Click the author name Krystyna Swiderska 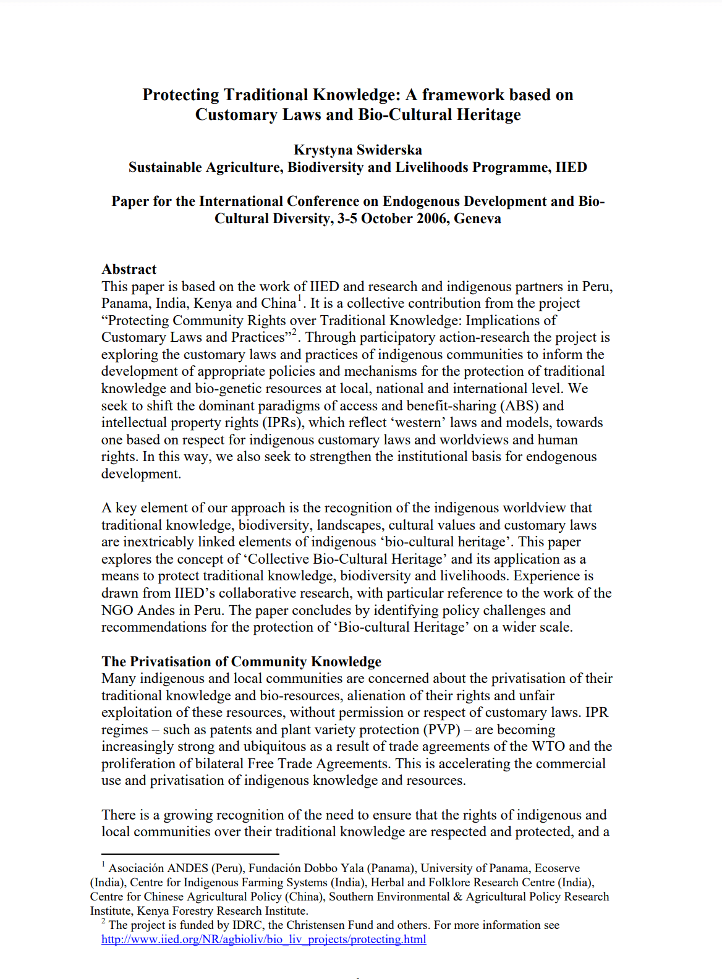(x=358, y=150)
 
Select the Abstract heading (x=129, y=269)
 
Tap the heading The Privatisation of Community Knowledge (x=241, y=662)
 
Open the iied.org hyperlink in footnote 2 (x=264, y=939)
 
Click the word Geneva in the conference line (x=477, y=219)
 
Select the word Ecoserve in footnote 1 (x=557, y=868)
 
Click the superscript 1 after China (x=300, y=299)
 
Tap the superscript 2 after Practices (x=295, y=333)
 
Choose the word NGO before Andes (x=117, y=611)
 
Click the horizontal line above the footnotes (x=190, y=854)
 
